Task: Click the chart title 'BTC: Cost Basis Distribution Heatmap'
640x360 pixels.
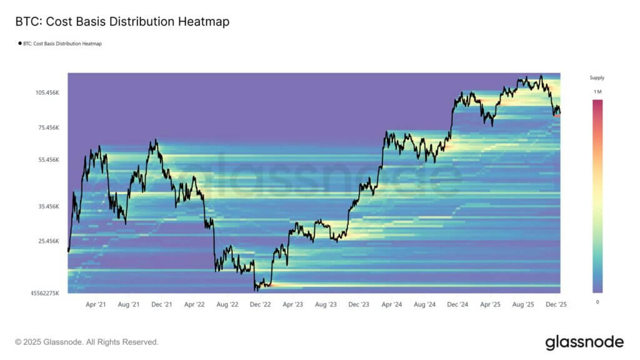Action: click(x=122, y=22)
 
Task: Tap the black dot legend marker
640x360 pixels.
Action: click(x=19, y=44)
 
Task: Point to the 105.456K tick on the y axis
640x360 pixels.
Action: click(x=47, y=92)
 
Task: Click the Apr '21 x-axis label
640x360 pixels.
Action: click(x=96, y=305)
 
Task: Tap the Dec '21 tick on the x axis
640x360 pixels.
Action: click(x=162, y=305)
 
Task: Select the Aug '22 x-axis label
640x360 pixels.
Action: click(x=227, y=305)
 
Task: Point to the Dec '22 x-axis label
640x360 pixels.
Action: click(x=260, y=305)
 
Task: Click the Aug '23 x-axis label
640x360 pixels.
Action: click(x=326, y=305)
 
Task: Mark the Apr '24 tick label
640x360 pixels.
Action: click(x=392, y=305)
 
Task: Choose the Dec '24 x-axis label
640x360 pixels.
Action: click(x=457, y=305)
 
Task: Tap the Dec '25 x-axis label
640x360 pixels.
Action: click(x=555, y=305)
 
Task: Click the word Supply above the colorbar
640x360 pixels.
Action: click(x=597, y=78)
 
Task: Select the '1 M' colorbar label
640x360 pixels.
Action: click(x=597, y=92)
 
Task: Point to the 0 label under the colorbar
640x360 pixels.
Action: click(x=597, y=302)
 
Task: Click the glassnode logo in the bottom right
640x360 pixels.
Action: click(x=584, y=342)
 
